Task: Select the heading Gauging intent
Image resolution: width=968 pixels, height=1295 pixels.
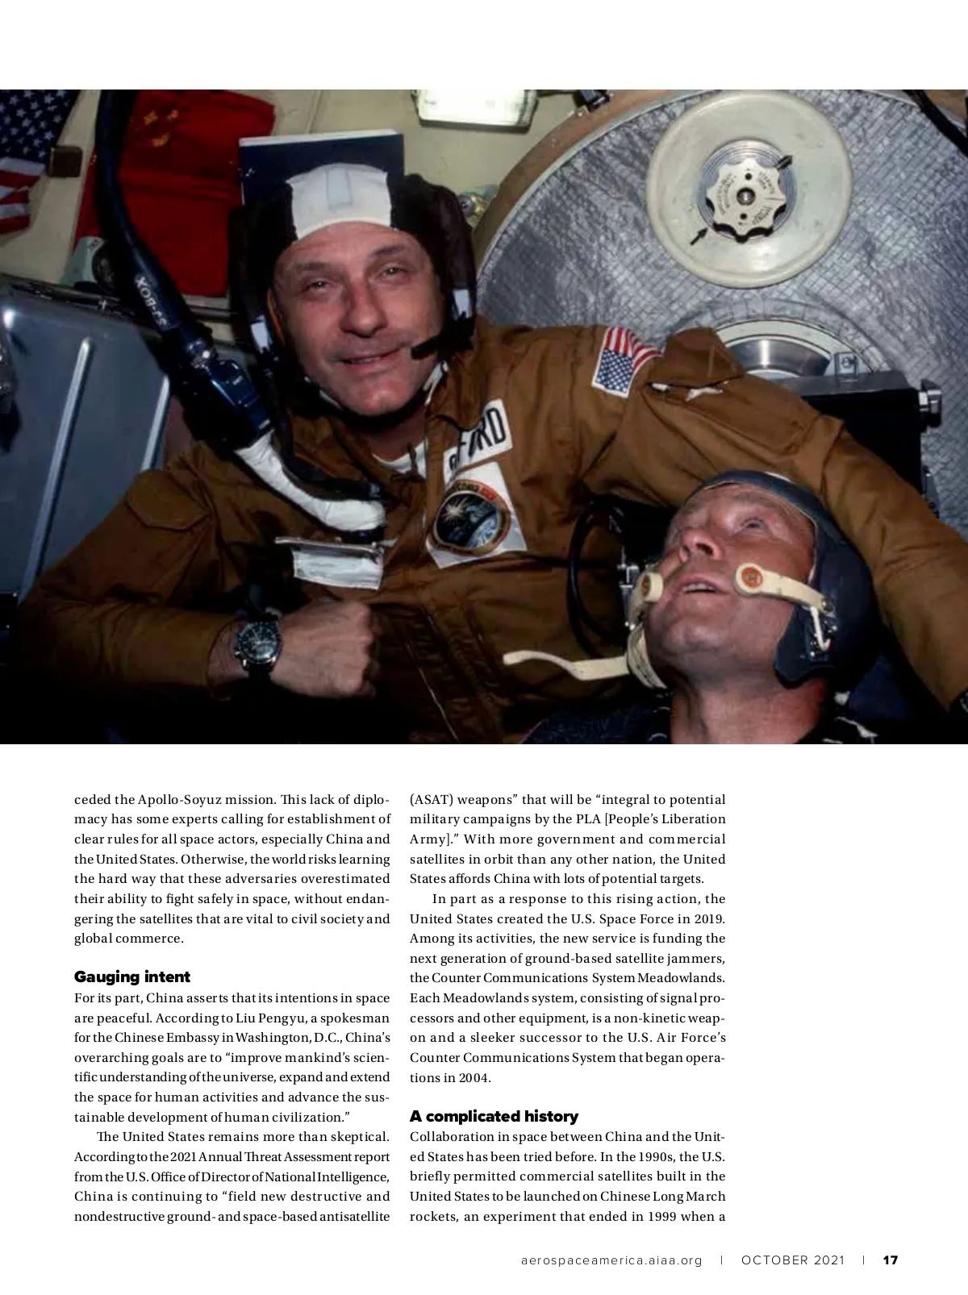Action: pyautogui.click(x=132, y=976)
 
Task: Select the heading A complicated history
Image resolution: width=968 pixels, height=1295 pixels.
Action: pyautogui.click(x=494, y=1116)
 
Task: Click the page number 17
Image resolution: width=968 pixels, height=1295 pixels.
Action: pyautogui.click(x=891, y=1260)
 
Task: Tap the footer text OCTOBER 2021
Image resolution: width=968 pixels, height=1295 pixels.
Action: pyautogui.click(x=793, y=1260)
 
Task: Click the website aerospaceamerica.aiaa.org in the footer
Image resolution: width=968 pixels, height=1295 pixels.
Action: pyautogui.click(x=611, y=1260)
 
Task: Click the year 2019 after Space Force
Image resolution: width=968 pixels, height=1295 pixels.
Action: pyautogui.click(x=710, y=918)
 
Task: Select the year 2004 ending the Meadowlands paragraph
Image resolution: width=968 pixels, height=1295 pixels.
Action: pyautogui.click(x=475, y=1077)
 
